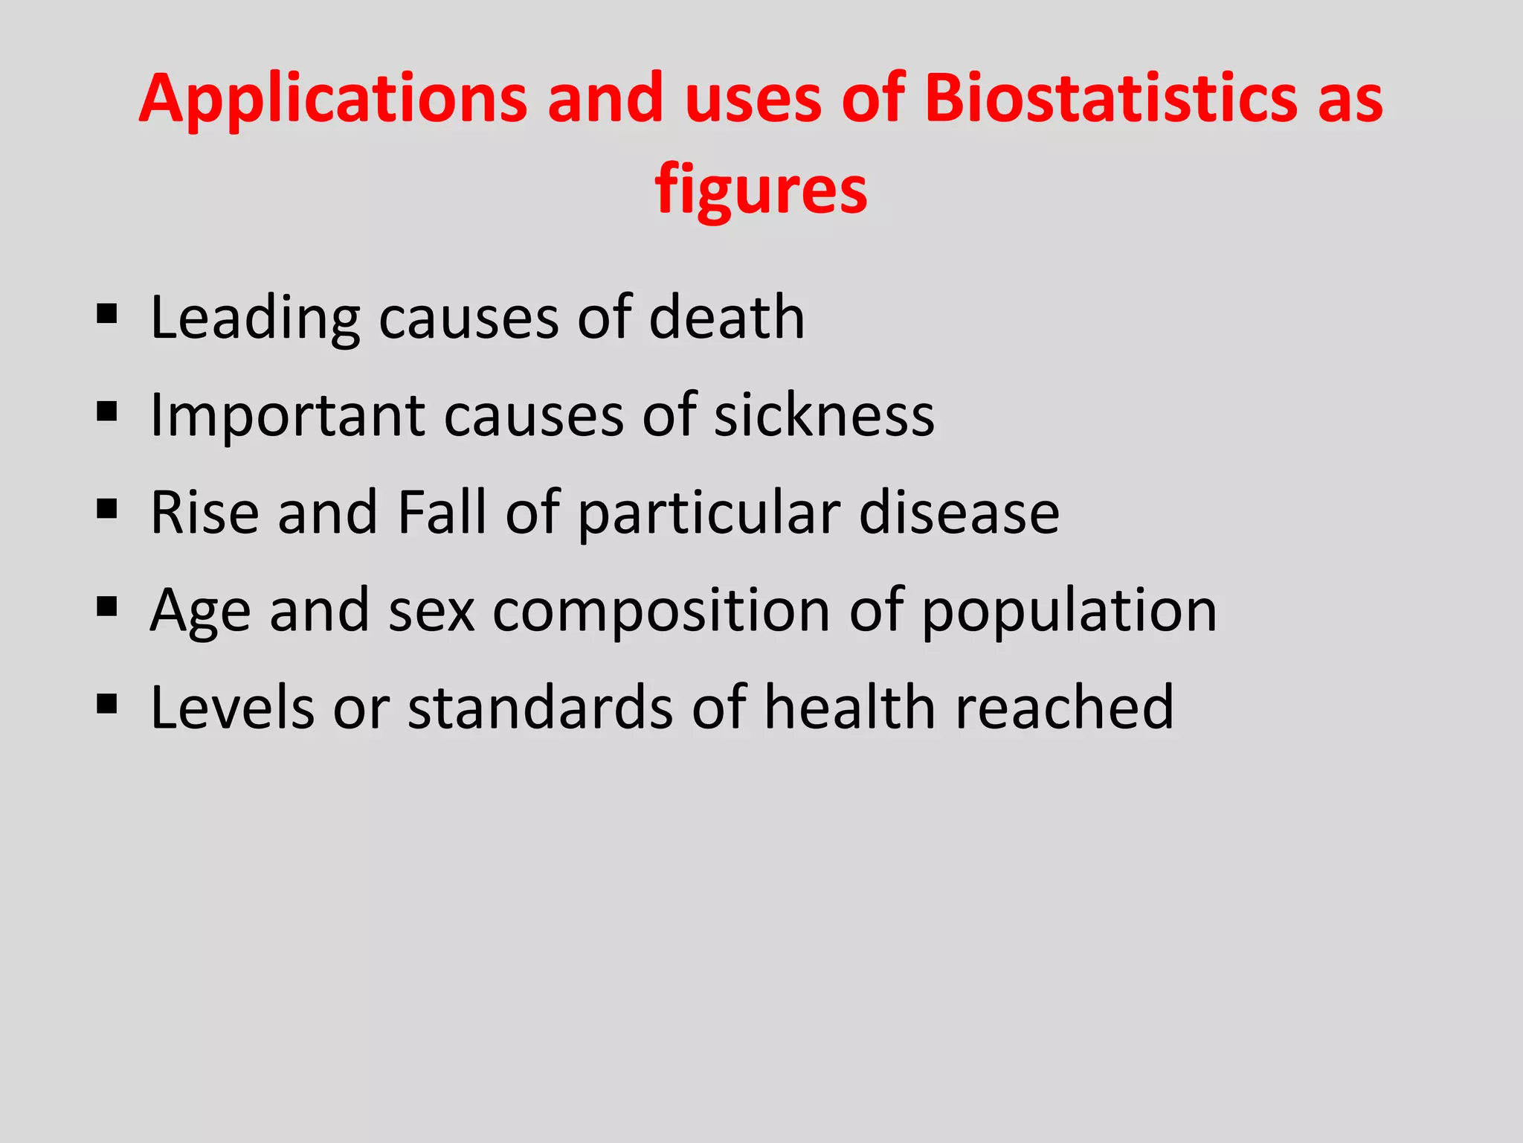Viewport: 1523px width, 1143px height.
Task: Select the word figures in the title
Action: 761,190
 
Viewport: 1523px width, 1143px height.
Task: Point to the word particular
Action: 709,513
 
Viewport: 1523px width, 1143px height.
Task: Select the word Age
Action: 200,611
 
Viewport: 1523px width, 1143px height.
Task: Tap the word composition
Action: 661,611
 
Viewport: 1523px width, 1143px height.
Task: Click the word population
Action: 1069,611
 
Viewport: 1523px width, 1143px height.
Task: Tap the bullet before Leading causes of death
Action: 107,314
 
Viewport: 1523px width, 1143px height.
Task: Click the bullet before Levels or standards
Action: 107,703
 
